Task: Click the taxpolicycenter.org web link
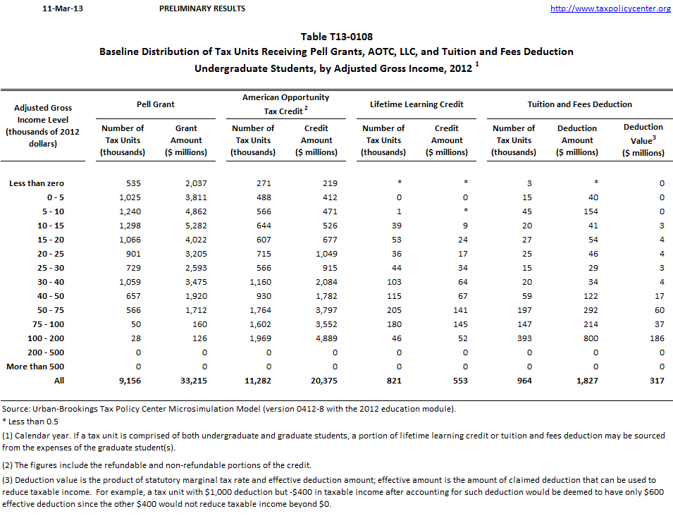[x=610, y=8]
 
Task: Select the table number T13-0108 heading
[x=336, y=37]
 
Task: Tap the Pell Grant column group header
[x=156, y=104]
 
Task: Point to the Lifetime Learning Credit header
[x=416, y=104]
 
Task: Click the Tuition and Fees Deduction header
[x=579, y=104]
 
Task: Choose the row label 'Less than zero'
[x=37, y=183]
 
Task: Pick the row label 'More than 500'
[x=35, y=367]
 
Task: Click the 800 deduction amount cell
[x=590, y=338]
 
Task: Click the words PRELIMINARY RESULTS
[x=203, y=8]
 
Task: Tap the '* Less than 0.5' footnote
[x=32, y=422]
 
